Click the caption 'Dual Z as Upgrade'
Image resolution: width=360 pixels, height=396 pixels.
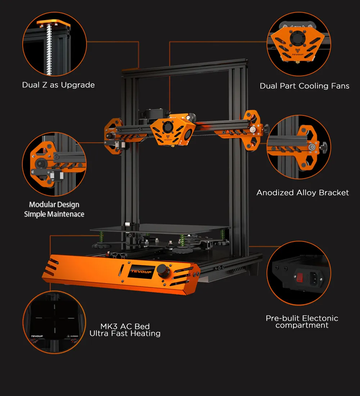pos(58,85)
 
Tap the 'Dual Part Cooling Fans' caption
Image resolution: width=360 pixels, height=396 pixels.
pos(304,86)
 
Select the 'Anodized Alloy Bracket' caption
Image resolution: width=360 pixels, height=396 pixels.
pos(302,193)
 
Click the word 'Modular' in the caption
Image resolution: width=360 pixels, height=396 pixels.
pos(41,205)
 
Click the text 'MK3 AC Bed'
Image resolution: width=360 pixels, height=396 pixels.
pos(125,327)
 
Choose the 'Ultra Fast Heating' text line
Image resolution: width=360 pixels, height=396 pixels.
pos(125,334)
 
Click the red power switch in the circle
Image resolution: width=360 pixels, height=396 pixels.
pos(300,277)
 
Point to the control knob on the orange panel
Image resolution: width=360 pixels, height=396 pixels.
pos(167,271)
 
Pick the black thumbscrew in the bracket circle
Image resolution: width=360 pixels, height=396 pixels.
pos(325,147)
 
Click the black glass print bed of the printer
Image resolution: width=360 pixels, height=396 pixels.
pos(158,229)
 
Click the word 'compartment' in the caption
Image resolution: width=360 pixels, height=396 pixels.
pos(302,326)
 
